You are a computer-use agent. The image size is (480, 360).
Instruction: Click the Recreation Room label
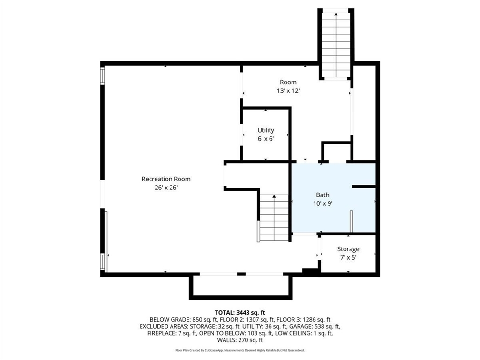(166, 179)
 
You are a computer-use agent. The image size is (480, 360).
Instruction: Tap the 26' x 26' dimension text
(166, 187)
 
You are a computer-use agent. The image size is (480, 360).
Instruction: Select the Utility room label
(266, 130)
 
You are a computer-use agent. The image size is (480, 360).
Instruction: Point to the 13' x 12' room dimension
(288, 90)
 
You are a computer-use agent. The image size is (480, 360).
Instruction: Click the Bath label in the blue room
(322, 195)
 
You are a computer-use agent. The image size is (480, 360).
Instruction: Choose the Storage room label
(348, 249)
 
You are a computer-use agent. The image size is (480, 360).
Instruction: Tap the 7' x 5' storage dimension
(348, 257)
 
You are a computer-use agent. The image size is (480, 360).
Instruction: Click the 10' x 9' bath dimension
(322, 203)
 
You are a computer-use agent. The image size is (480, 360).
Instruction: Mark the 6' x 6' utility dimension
(266, 139)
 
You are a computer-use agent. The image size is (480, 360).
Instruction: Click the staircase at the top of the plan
(336, 45)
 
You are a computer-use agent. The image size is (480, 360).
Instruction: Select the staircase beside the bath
(274, 218)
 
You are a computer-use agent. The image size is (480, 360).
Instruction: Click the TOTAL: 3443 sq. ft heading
(240, 313)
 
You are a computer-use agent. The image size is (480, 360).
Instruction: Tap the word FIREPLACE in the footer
(161, 333)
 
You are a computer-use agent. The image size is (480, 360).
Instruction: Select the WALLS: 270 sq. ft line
(240, 340)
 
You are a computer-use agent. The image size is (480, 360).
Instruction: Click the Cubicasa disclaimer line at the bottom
(240, 350)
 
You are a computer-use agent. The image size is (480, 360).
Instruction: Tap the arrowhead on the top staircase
(336, 14)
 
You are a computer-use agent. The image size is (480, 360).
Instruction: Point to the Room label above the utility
(288, 82)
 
